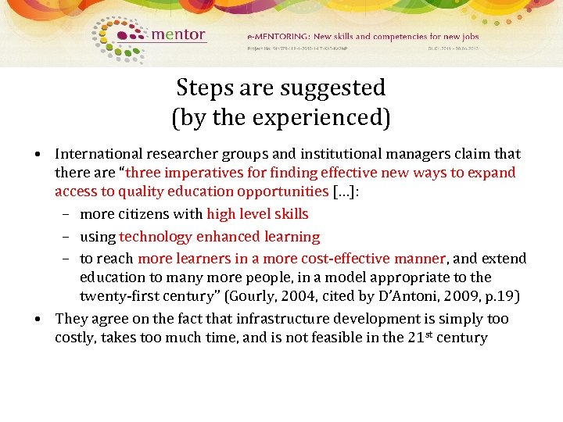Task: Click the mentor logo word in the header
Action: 178,34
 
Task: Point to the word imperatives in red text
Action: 200,173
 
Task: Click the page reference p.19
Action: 500,296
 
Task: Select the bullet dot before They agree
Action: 38,319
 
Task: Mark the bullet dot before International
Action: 38,154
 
